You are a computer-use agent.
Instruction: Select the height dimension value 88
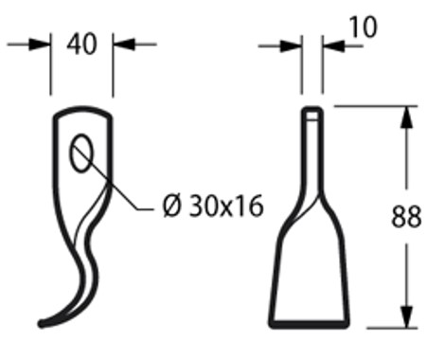coord(406,218)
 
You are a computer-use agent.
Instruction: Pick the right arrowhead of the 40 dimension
coord(121,45)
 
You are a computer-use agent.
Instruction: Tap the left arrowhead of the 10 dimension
coord(294,45)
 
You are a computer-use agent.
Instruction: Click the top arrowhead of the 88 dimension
coord(406,116)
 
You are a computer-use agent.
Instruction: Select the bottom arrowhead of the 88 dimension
coord(406,318)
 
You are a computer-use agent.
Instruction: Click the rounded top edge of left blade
coord(82,111)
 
